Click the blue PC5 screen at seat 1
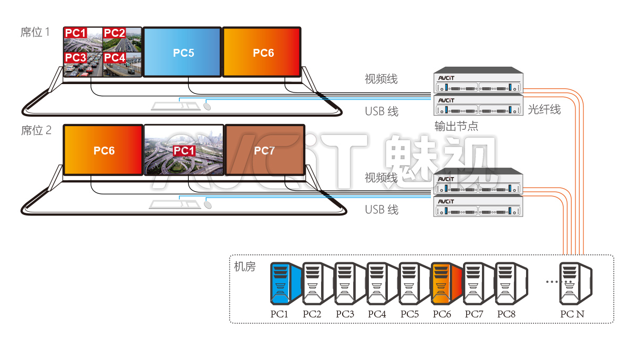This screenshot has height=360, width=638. click(182, 52)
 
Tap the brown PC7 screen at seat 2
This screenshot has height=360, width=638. click(264, 150)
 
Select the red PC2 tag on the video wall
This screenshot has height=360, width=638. click(114, 33)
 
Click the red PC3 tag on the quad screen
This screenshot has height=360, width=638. click(76, 57)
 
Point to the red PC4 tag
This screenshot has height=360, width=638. click(115, 57)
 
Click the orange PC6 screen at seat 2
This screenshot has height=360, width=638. click(104, 150)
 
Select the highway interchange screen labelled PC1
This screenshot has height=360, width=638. click(183, 150)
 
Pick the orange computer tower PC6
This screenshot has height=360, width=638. click(446, 284)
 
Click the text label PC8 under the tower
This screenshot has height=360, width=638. click(507, 314)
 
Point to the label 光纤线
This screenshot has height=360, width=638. click(544, 109)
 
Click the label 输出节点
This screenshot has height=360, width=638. click(456, 127)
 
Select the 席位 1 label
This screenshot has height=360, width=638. click(35, 33)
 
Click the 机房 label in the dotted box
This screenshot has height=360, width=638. click(244, 267)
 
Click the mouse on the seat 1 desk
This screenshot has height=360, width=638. click(208, 106)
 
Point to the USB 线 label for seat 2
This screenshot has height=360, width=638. click(382, 210)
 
